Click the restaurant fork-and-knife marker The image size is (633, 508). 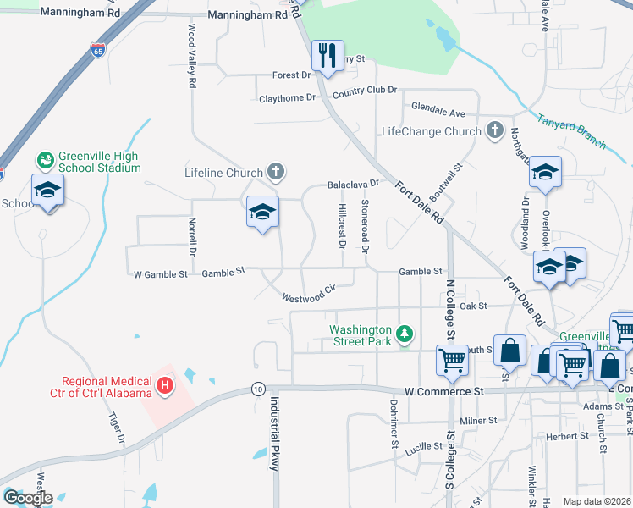coord(326,56)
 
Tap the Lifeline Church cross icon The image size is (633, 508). coord(274,173)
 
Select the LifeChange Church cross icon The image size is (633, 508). coord(494,131)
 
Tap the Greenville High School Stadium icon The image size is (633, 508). coord(45,160)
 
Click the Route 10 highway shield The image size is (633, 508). coord(256,388)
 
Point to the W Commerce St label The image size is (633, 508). coord(443,392)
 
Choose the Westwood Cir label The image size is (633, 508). coord(310,294)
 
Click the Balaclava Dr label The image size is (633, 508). coord(352,184)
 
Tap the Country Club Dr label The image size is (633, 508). coord(365,91)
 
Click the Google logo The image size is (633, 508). coord(28,498)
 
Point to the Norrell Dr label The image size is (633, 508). coord(191,238)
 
